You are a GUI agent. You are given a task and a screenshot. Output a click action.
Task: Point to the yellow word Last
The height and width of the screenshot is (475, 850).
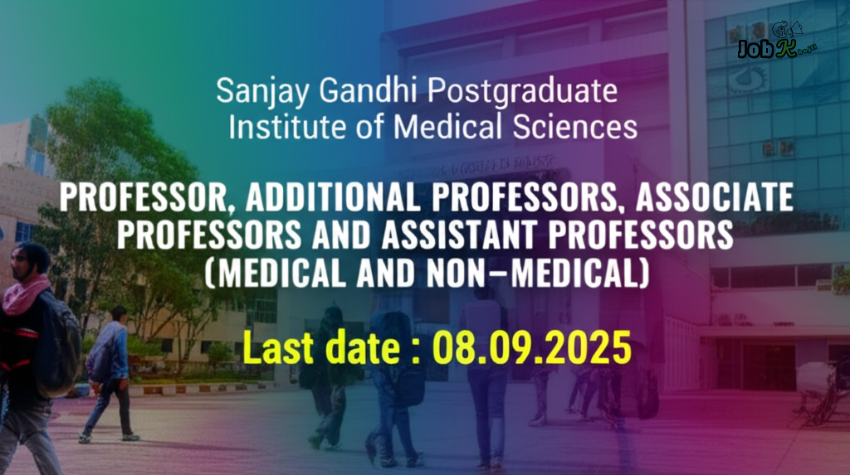(x=279, y=347)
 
